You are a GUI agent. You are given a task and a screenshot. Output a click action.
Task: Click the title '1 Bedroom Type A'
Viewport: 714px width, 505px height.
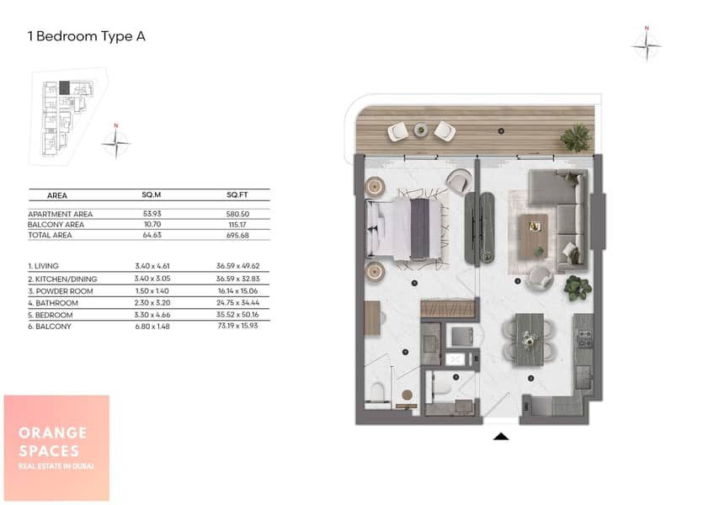[x=87, y=36]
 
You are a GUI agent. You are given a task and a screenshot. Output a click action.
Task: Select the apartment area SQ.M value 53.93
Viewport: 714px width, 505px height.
[x=152, y=214]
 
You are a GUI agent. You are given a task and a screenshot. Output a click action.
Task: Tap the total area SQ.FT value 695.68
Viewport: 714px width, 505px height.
[x=237, y=235]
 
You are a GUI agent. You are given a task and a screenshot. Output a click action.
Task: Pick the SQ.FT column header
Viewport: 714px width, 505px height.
[x=237, y=195]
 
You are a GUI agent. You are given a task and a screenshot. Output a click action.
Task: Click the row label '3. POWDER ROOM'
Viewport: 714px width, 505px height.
[x=61, y=291]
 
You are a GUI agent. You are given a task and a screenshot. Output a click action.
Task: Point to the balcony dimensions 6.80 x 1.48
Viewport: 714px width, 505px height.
[x=152, y=327]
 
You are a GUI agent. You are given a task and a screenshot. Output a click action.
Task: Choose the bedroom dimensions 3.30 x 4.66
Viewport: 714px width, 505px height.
[x=152, y=315]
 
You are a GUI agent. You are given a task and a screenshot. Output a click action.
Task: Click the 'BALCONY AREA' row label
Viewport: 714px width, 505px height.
[x=56, y=225]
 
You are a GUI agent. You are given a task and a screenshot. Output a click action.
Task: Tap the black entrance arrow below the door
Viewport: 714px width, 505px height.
[x=501, y=437]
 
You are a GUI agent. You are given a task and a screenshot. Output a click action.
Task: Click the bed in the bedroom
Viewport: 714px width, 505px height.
[x=403, y=230]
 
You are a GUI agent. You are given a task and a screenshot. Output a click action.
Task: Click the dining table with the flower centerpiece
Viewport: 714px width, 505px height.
[x=529, y=339]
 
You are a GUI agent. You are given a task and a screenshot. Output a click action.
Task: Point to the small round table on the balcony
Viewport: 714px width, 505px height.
[x=421, y=130]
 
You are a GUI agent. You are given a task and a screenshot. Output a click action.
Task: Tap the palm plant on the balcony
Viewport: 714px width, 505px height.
[x=576, y=137]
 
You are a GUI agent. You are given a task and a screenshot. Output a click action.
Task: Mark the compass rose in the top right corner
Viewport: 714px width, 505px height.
[x=647, y=45]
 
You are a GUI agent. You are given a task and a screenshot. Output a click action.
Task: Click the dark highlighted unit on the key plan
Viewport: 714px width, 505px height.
[x=65, y=88]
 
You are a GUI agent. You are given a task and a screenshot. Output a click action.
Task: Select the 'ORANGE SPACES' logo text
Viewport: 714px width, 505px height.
[x=52, y=442]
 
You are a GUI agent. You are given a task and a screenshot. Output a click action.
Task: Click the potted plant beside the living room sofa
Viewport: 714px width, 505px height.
[x=578, y=288]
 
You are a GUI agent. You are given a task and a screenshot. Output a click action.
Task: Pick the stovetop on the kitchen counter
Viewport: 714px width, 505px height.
[x=584, y=338]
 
